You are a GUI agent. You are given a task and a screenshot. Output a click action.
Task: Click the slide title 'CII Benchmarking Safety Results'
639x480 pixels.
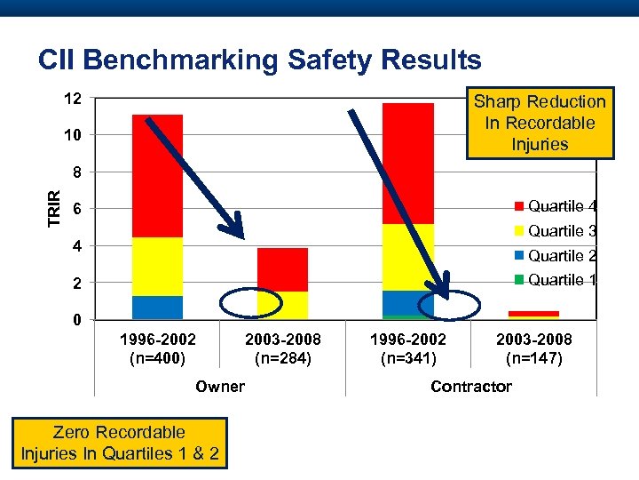pyautogui.click(x=260, y=60)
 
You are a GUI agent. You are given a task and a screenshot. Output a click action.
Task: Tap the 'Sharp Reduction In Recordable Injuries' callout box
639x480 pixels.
pyautogui.click(x=540, y=123)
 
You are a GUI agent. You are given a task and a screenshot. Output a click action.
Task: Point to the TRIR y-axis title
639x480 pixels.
pyautogui.click(x=55, y=208)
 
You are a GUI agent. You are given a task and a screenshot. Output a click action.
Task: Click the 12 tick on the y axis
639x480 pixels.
pyautogui.click(x=73, y=99)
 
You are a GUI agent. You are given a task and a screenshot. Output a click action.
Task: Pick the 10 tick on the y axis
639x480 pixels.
pyautogui.click(x=73, y=135)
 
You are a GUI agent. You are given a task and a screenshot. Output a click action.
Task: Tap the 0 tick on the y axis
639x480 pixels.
pyautogui.click(x=77, y=320)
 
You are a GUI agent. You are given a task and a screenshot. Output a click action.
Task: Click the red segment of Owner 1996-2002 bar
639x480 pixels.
pyautogui.click(x=157, y=176)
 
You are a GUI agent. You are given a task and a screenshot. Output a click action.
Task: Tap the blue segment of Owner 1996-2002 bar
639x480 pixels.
pyautogui.click(x=157, y=307)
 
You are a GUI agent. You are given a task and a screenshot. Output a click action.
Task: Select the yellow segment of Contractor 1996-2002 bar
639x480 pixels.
pyautogui.click(x=407, y=257)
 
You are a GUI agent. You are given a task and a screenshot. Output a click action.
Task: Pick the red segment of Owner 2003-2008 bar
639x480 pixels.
pyautogui.click(x=282, y=269)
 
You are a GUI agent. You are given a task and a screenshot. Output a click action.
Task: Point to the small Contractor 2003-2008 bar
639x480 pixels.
pyautogui.click(x=533, y=314)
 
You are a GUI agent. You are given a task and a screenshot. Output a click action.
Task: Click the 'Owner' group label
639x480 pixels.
pyautogui.click(x=220, y=386)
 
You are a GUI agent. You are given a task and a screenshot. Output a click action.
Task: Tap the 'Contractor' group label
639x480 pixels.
pyautogui.click(x=470, y=386)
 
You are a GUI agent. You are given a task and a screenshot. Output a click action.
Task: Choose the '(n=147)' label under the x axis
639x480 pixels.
pyautogui.click(x=533, y=359)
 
